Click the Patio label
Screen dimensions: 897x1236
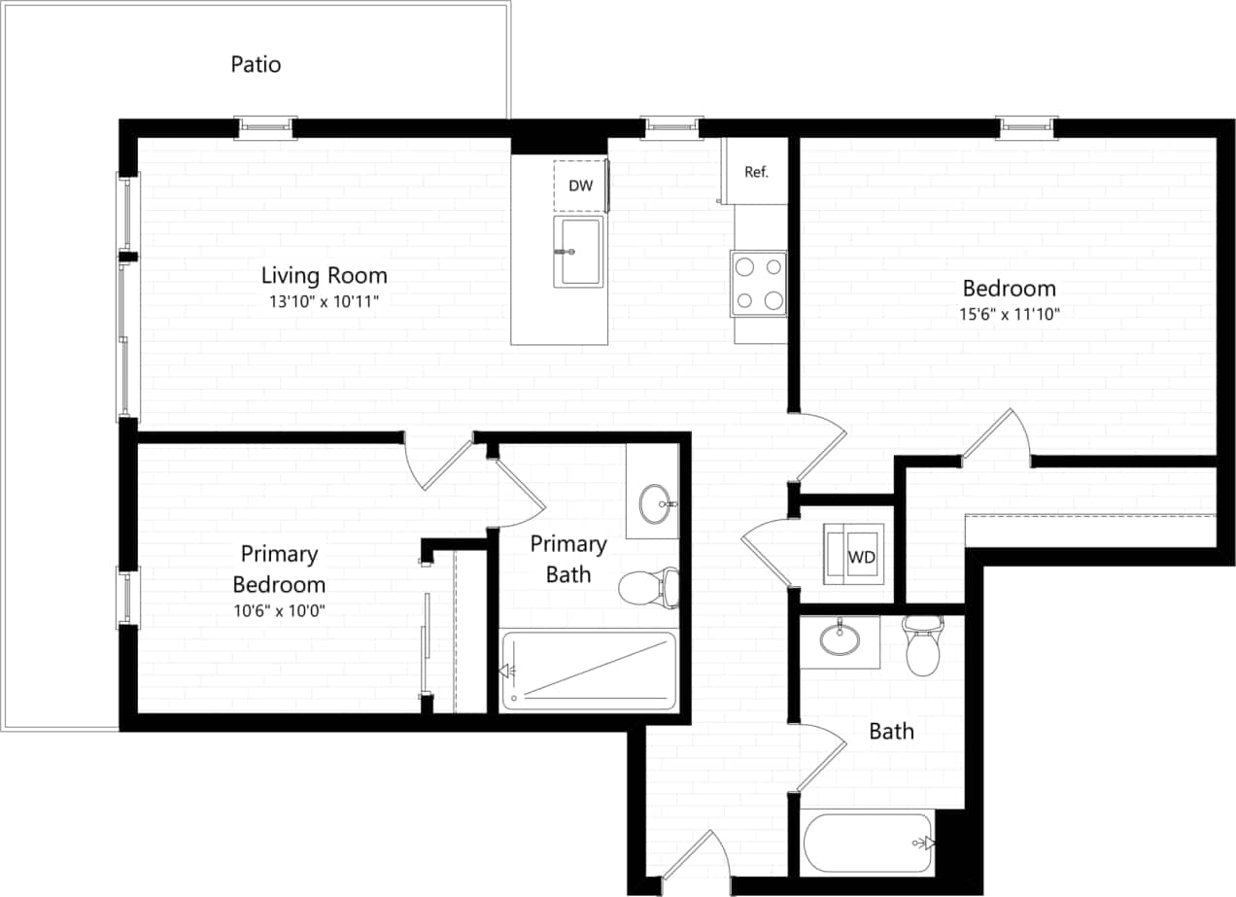256,64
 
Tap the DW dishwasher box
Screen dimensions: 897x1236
579,185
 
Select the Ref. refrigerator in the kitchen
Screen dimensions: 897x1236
755,172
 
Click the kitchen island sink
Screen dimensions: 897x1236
578,252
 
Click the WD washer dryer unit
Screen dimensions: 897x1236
854,554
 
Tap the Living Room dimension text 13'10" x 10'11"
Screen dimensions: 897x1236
323,301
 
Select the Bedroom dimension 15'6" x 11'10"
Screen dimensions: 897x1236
1008,314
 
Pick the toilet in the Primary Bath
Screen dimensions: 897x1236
645,586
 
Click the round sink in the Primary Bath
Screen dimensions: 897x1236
655,503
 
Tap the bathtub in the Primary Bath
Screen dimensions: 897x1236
588,671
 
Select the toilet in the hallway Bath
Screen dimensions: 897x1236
922,646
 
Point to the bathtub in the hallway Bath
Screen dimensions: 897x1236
867,842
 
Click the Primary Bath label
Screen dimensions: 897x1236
567,559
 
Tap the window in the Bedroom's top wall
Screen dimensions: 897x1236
1026,126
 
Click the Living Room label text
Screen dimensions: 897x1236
324,275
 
